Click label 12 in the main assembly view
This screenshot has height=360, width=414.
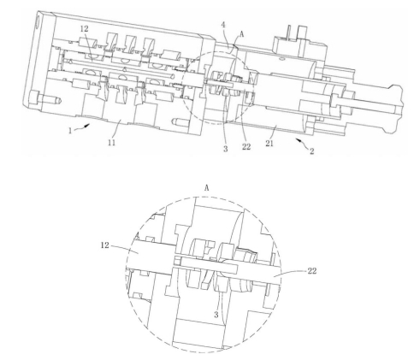click(x=85, y=28)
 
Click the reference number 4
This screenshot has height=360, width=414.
click(x=223, y=25)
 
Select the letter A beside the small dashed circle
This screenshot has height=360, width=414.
click(x=242, y=34)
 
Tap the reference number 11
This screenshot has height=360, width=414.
click(x=112, y=142)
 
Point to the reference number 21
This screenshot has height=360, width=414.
click(x=269, y=144)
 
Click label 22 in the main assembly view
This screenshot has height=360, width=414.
click(x=246, y=146)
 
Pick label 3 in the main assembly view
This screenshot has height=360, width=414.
click(x=226, y=149)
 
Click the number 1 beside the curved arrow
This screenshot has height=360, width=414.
click(x=70, y=131)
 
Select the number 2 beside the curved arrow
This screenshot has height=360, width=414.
click(x=311, y=151)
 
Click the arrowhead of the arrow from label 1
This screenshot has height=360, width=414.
click(x=88, y=126)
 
